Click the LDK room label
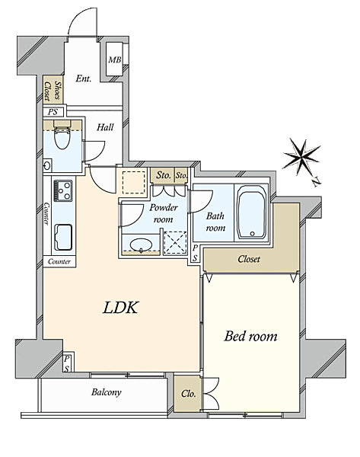click(120, 308)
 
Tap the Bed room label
click(250, 336)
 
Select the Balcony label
click(106, 392)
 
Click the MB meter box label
click(114, 60)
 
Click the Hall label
click(105, 127)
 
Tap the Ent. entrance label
click(83, 78)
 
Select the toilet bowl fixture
click(62, 137)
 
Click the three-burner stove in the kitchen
click(63, 190)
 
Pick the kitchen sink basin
click(63, 237)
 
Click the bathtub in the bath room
click(251, 213)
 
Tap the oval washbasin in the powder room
click(141, 244)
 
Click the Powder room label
click(163, 213)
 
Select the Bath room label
click(215, 222)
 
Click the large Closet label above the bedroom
click(249, 259)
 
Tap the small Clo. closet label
click(189, 394)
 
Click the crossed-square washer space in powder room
click(175, 242)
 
